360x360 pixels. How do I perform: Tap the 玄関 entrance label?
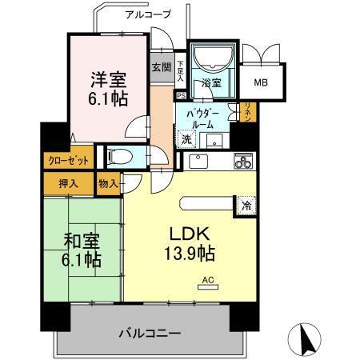pos(160,67)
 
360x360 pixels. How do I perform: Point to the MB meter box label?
pos(262,82)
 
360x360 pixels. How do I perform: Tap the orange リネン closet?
pos(247,112)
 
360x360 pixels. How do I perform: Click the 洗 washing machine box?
pos(186,140)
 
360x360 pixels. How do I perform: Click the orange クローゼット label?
pos(67,159)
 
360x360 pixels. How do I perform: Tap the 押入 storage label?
pos(68,184)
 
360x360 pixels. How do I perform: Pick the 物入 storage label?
pos(108,184)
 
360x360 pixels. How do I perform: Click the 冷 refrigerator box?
pos(243,205)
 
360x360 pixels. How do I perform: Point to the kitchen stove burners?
pos(242,161)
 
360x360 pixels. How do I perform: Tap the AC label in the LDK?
pos(209,280)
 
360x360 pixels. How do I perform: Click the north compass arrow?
pos(304,341)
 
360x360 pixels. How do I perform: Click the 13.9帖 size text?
pos(190,255)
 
